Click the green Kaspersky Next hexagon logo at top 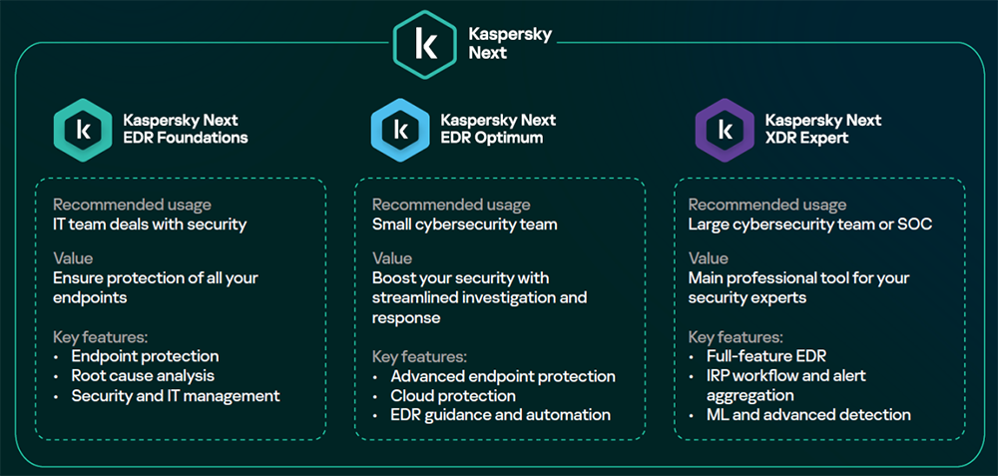(x=424, y=45)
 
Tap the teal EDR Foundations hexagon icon (x=84, y=131)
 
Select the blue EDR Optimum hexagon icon (x=400, y=131)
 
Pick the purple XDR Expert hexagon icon (x=725, y=131)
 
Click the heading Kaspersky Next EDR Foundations (x=186, y=129)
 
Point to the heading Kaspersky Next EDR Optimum (x=498, y=129)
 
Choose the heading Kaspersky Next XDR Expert (x=823, y=129)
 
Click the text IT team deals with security (x=150, y=224)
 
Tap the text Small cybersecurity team (x=465, y=224)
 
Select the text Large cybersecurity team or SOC (x=810, y=224)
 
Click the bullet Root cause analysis (x=143, y=375)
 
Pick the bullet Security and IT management (x=176, y=396)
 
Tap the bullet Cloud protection (x=453, y=396)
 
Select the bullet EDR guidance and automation (x=501, y=415)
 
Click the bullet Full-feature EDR (x=766, y=355)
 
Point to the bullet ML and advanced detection (x=808, y=415)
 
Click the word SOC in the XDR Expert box (x=916, y=224)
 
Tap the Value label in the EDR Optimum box (x=392, y=258)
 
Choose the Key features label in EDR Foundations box (x=101, y=337)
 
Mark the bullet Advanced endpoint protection (x=503, y=376)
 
